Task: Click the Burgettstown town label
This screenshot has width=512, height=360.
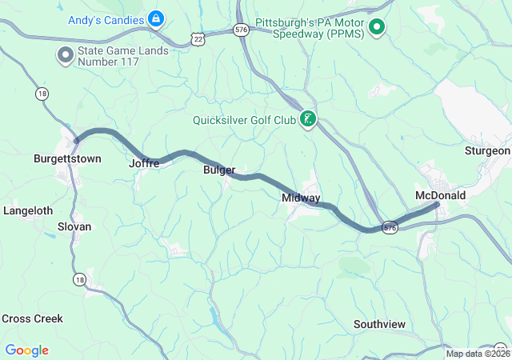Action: click(67, 159)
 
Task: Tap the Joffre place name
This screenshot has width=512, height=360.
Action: click(144, 163)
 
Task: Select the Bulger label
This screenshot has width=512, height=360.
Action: click(219, 170)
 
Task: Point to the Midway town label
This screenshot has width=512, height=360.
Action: click(301, 198)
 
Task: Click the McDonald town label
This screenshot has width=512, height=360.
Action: click(440, 195)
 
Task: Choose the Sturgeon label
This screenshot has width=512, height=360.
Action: click(487, 150)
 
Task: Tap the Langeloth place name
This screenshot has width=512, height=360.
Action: click(28, 211)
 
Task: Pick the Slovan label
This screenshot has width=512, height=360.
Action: click(74, 226)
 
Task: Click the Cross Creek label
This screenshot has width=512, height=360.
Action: click(32, 318)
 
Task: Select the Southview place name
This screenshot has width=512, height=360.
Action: click(379, 324)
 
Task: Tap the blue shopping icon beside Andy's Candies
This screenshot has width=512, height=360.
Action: click(157, 17)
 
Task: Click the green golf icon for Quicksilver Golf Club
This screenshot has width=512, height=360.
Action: click(307, 121)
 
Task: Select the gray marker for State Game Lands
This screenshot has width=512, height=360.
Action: click(63, 55)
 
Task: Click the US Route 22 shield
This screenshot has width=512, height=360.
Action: click(198, 38)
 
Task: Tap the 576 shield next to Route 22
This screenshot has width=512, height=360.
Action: click(241, 29)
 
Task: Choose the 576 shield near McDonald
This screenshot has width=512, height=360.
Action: click(390, 228)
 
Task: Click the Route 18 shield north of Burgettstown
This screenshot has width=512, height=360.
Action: click(40, 94)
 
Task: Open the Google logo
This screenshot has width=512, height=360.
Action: click(26, 350)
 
